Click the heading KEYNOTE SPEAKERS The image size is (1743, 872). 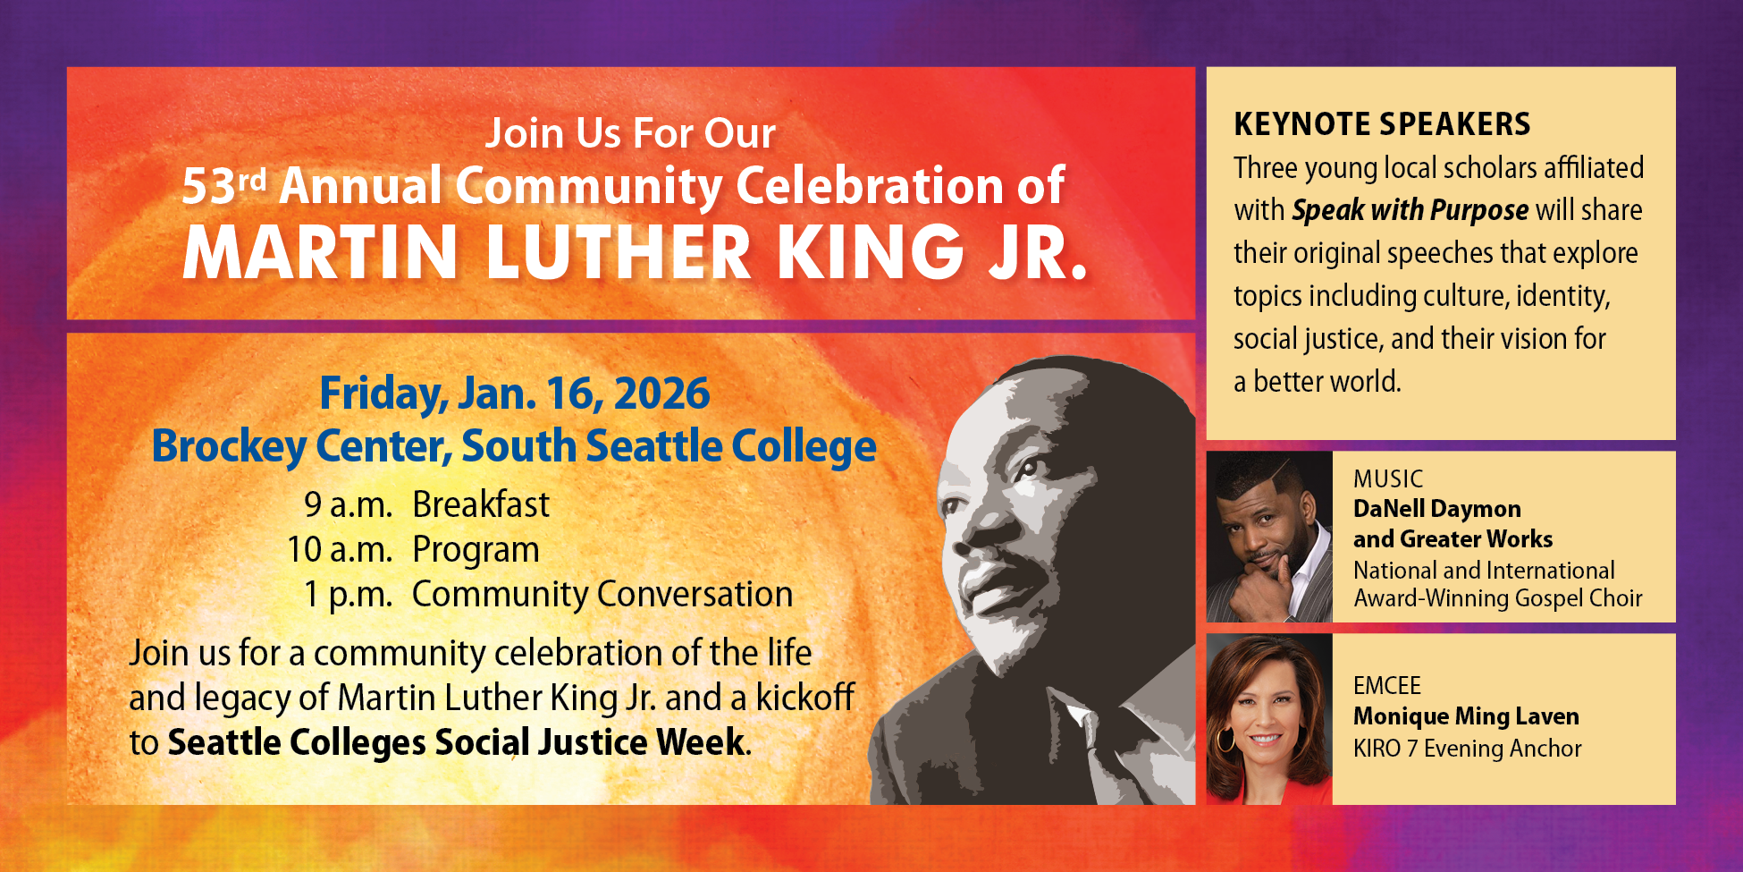click(x=1382, y=124)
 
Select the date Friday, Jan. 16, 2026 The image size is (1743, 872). click(x=515, y=394)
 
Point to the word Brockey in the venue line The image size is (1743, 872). click(x=228, y=446)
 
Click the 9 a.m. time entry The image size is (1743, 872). click(x=348, y=505)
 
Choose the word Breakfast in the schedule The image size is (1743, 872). click(x=481, y=505)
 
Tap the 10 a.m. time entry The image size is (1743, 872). click(x=340, y=550)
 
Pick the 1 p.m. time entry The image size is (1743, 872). click(x=348, y=595)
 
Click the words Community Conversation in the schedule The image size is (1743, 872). click(x=602, y=595)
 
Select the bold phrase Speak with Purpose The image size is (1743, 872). click(x=1410, y=210)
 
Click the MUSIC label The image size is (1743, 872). click(x=1387, y=479)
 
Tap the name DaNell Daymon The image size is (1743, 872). click(x=1436, y=509)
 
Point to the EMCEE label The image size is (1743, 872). click(x=1386, y=686)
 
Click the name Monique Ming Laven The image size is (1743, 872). click(x=1466, y=716)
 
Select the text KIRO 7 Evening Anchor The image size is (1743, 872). click(x=1467, y=749)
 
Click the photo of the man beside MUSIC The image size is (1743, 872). click(x=1269, y=537)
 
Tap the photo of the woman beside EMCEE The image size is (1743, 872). click(x=1269, y=719)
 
